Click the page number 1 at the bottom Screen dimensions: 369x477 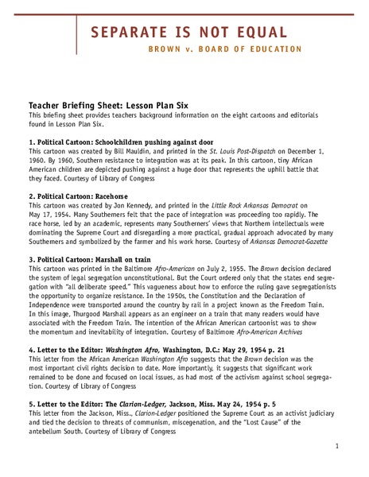tap(337, 447)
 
